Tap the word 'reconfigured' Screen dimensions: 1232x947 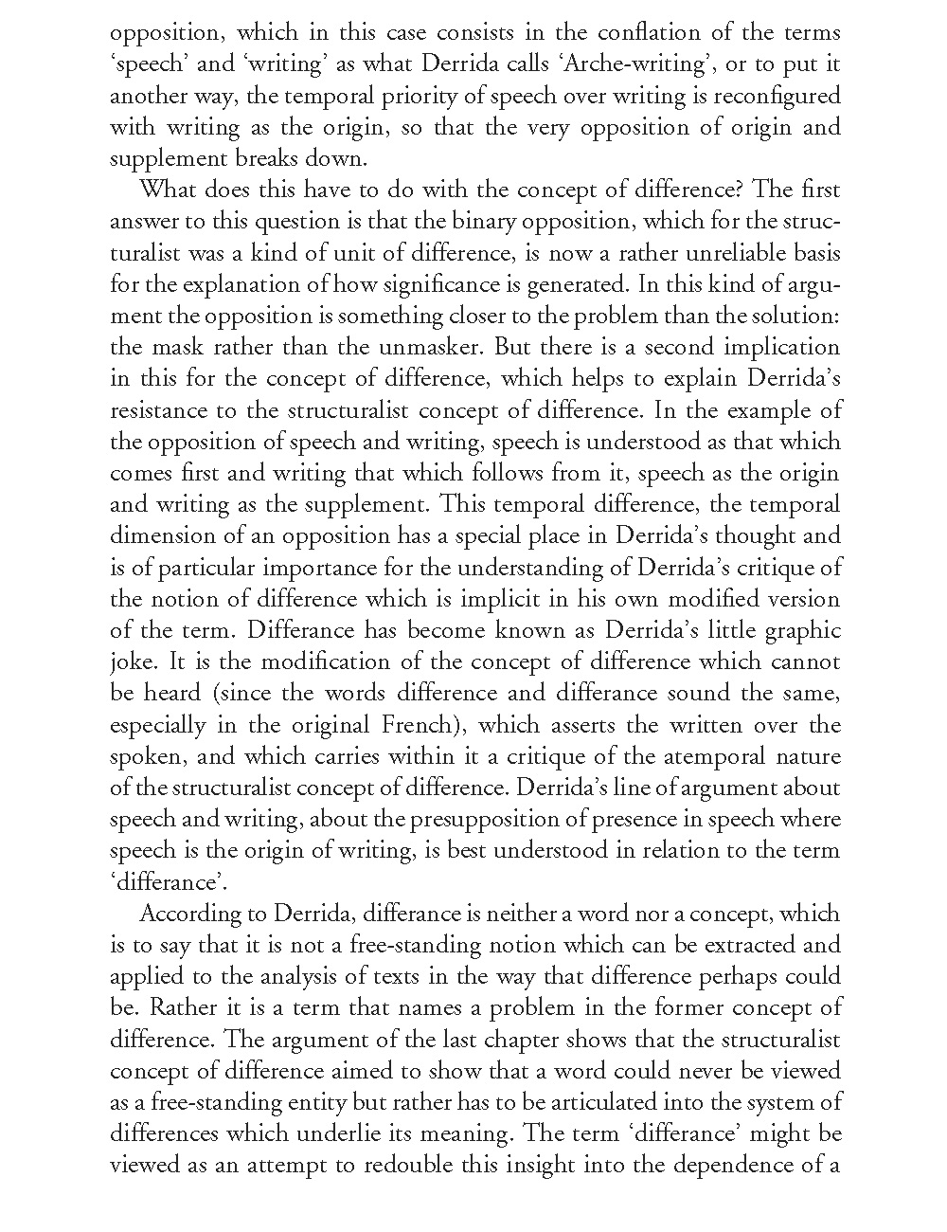[775, 96]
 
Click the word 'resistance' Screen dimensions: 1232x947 [156, 410]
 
